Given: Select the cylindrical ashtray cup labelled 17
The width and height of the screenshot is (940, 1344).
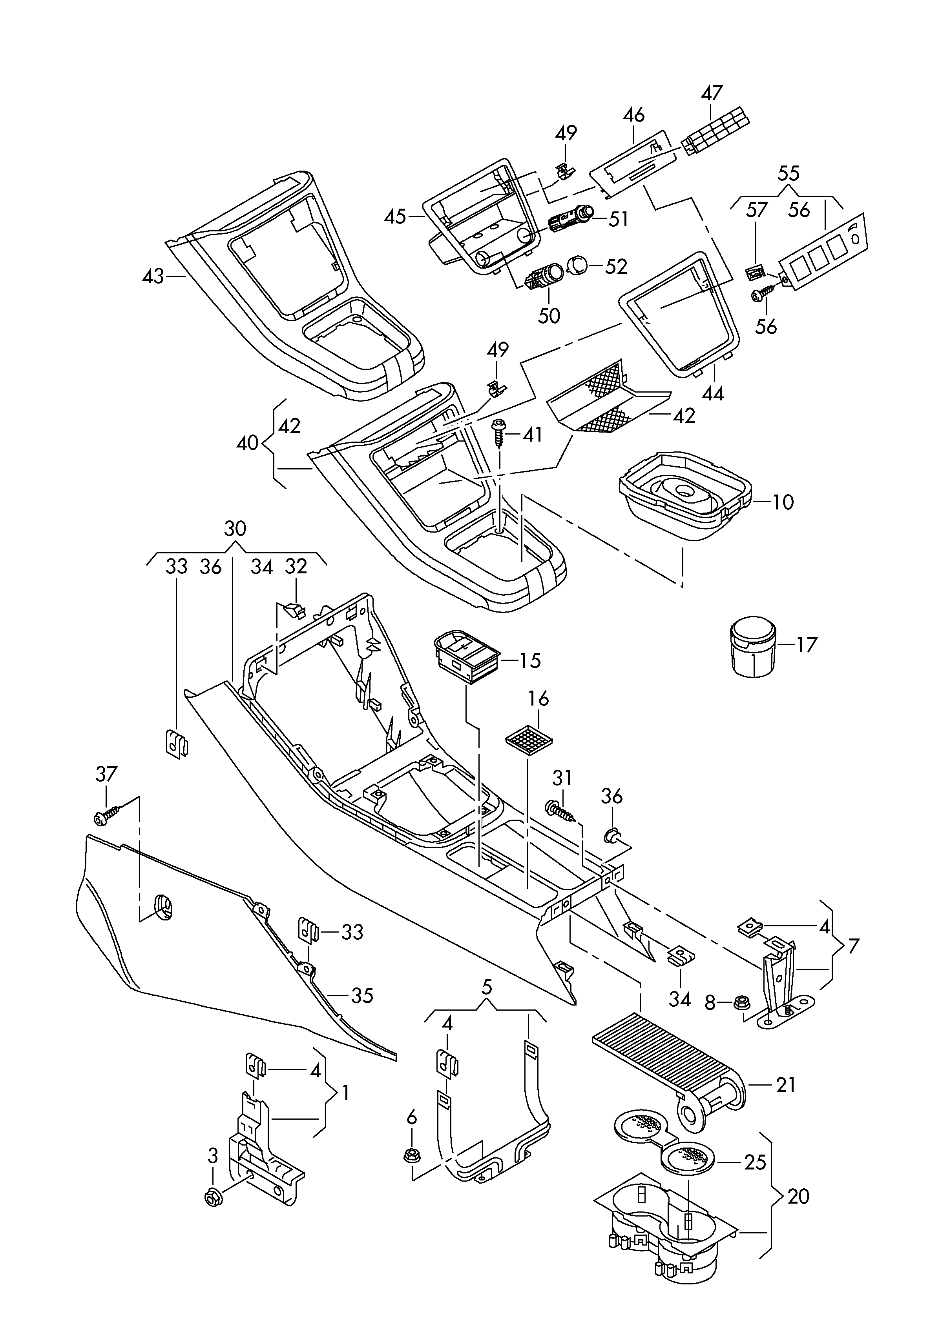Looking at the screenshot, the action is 752,646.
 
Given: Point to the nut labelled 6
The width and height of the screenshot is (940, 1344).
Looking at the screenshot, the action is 412,1155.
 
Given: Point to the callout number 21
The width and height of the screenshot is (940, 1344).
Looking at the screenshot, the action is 786,1085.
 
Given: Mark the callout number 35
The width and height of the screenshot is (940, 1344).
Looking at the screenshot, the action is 362,995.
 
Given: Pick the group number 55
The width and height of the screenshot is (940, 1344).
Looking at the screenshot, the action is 789,173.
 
